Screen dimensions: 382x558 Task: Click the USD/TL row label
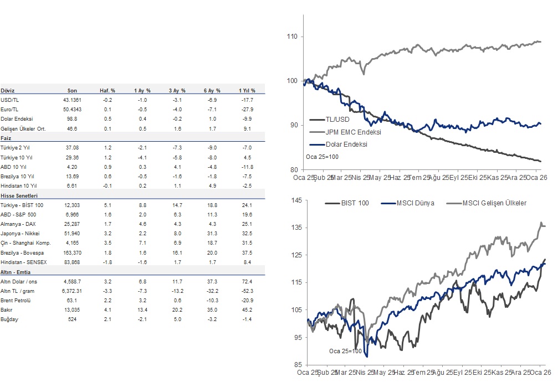tap(9, 100)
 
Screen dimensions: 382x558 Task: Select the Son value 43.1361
tap(72, 100)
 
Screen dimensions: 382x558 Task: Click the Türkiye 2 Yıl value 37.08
tap(72, 148)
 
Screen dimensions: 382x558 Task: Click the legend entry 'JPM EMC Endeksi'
tap(353, 132)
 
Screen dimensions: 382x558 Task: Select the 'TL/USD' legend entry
tap(338, 120)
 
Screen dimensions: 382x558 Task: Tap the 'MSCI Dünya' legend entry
tap(414, 203)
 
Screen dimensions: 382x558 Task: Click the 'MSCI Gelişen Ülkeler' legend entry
tap(493, 203)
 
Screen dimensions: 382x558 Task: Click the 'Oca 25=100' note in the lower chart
tap(345, 351)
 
